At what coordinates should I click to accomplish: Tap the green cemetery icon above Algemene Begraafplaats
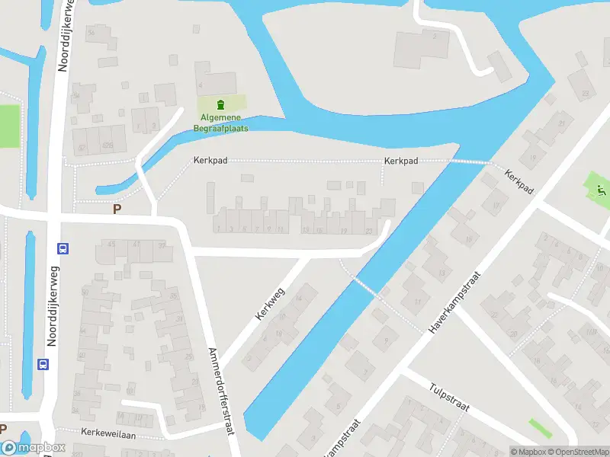[220, 104]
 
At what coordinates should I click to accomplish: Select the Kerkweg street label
[271, 302]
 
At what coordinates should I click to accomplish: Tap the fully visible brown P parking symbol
[117, 209]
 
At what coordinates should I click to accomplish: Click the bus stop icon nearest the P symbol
[63, 248]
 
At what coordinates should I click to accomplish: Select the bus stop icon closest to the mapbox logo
[43, 365]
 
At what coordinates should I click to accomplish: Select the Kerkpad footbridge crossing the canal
[468, 161]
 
